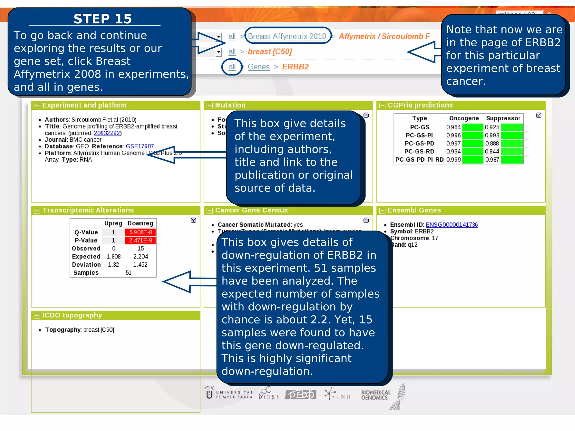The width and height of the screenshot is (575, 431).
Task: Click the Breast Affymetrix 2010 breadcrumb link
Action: click(287, 36)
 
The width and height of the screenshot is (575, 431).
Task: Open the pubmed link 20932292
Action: click(107, 133)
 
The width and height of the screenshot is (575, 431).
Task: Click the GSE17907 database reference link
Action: click(140, 146)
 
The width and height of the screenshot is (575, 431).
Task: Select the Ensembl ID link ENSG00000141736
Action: click(451, 225)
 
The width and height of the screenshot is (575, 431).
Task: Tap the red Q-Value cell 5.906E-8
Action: click(140, 232)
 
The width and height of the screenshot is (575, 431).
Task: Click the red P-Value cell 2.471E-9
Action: click(140, 240)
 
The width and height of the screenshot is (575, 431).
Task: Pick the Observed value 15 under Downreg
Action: click(141, 249)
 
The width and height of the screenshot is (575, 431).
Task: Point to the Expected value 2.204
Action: click(141, 256)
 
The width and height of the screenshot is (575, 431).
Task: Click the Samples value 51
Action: click(129, 273)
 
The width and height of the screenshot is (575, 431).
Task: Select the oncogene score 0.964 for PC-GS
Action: click(453, 127)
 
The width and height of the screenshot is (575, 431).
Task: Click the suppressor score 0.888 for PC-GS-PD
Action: click(492, 143)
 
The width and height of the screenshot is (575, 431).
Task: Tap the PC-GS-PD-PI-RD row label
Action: click(419, 160)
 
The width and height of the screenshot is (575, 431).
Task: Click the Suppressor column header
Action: click(503, 118)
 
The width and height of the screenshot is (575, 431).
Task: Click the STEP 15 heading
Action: click(102, 19)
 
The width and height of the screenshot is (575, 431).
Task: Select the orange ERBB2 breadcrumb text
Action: click(295, 67)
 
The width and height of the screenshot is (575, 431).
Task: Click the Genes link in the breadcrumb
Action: click(258, 67)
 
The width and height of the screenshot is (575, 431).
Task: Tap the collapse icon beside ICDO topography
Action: click(37, 316)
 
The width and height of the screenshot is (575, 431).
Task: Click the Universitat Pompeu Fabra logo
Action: click(229, 394)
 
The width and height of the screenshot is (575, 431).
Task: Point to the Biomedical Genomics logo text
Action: click(375, 395)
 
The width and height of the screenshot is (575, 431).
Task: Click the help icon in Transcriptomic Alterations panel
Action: click(193, 220)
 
